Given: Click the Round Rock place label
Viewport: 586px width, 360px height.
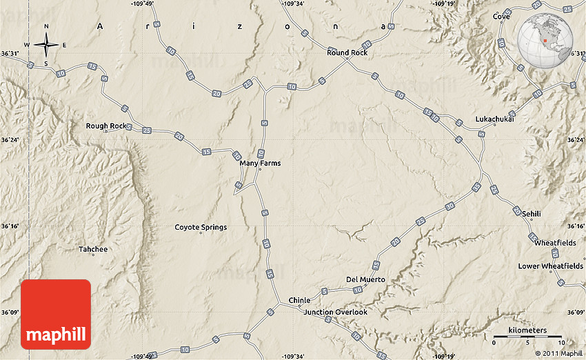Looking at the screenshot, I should (347, 52).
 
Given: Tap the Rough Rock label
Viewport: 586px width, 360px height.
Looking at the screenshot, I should (106, 126).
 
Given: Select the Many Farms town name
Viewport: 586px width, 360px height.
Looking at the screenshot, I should (260, 163).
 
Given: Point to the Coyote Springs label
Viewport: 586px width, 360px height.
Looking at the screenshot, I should (201, 227).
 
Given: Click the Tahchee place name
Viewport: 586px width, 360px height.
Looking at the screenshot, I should (92, 249).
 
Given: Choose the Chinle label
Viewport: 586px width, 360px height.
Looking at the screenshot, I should (299, 301).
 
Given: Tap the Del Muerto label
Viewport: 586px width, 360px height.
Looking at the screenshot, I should (365, 279).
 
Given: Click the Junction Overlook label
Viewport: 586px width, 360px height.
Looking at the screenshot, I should (336, 312).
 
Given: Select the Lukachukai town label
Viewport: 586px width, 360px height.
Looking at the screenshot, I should (494, 119).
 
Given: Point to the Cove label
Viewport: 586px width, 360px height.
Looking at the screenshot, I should (501, 17).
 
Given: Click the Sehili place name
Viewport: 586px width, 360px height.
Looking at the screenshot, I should (531, 214).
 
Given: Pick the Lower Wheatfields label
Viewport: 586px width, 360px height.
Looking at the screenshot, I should (550, 266).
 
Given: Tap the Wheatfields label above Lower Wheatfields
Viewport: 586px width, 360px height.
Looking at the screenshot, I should (555, 243).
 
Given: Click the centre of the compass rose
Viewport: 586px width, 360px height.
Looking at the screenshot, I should (46, 45).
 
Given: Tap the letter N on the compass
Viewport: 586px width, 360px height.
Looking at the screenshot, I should (46, 27).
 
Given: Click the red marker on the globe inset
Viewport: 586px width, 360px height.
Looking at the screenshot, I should (545, 41).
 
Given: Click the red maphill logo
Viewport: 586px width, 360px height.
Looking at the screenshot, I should (56, 314).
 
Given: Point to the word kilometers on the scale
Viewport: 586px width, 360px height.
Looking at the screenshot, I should (527, 330).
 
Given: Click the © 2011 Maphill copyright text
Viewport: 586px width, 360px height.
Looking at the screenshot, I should (558, 353).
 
